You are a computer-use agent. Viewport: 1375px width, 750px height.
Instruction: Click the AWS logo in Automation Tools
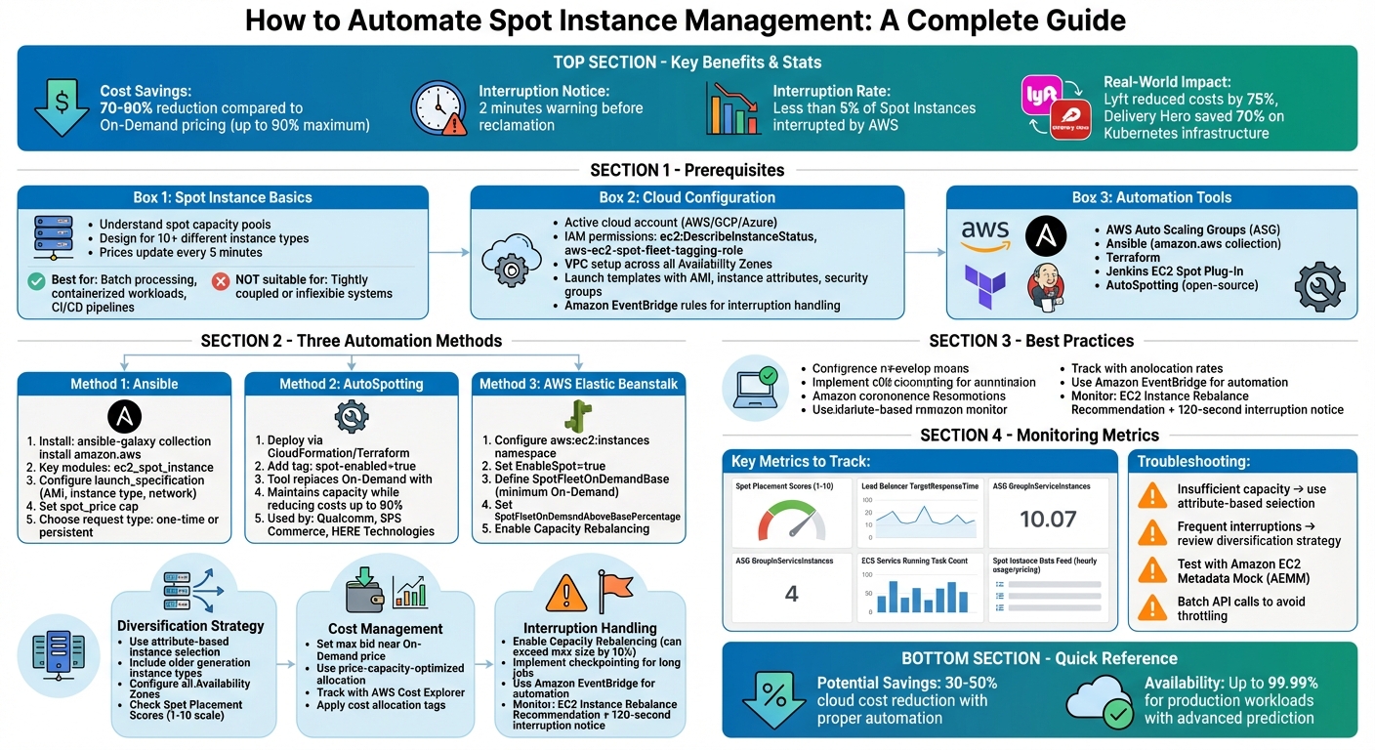[984, 235]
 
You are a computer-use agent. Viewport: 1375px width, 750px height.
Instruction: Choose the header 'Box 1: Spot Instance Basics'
[223, 197]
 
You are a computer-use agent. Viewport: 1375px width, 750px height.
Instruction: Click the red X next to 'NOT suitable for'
[221, 281]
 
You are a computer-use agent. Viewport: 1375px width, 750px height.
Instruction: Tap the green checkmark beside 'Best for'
[36, 281]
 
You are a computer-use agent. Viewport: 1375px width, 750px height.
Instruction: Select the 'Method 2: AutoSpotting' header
[352, 384]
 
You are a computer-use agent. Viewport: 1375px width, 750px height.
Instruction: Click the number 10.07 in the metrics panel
[1048, 520]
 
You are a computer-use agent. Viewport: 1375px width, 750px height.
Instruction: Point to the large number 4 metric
[792, 593]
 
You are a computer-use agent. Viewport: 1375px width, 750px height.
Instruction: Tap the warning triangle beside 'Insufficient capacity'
[1153, 496]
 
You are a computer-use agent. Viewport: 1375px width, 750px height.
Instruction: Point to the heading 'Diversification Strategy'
[190, 625]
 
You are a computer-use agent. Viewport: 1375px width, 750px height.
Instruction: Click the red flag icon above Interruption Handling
[616, 591]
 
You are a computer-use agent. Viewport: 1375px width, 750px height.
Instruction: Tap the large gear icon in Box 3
[1319, 286]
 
